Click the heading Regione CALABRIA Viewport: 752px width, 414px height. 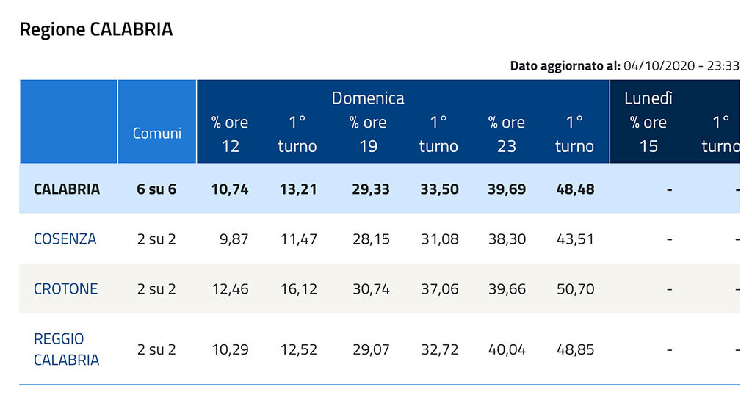95,30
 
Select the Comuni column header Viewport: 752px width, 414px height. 157,134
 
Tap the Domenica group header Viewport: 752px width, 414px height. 368,98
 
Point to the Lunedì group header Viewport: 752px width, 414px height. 648,98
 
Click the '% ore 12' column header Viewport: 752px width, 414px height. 231,134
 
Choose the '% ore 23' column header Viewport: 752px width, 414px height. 507,134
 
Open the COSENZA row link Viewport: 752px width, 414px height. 65,239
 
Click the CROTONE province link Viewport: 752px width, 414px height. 65,288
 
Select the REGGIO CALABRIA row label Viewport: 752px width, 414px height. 66,349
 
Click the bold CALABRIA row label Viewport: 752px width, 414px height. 66,189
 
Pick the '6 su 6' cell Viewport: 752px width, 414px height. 156,189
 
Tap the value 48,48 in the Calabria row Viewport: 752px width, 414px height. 575,189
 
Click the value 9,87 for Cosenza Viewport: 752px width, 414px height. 234,239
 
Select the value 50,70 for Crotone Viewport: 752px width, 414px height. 575,288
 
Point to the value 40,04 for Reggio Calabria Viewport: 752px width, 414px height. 507,349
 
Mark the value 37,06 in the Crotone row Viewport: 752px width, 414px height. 438,288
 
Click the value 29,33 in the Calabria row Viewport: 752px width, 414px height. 370,189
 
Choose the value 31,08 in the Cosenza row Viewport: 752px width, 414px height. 438,239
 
